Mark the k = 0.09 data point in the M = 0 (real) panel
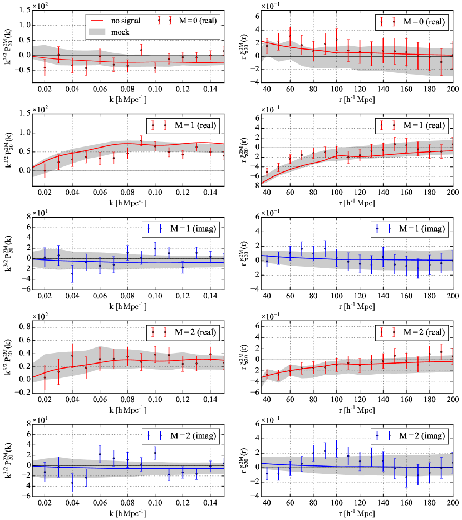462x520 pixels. tap(141, 50)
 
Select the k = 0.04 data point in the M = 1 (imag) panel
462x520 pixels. tap(72, 273)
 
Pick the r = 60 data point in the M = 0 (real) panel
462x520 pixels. tap(289, 36)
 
